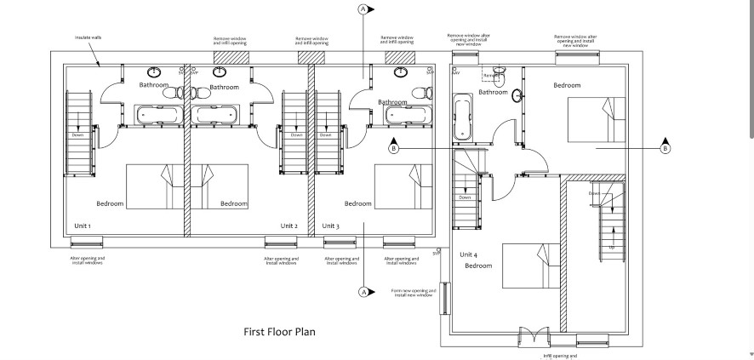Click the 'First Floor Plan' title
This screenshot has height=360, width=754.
pos(279,332)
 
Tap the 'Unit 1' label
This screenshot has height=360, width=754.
pos(83,226)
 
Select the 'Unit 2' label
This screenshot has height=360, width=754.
pos(289,226)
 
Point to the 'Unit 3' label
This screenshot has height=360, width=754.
pos(330,226)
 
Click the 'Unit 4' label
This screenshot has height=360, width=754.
pos(469,254)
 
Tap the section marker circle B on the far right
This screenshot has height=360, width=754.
pos(665,148)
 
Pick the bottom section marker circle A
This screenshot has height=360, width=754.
pos(364,292)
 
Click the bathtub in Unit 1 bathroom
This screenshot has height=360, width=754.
pos(157,113)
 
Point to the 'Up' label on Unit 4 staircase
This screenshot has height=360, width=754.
pos(611,247)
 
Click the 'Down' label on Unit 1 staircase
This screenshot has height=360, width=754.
pos(77,135)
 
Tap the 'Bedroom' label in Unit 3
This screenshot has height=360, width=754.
pos(357,203)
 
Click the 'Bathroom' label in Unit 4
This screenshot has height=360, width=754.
pos(493,92)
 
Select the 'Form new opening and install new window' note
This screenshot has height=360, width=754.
pos(413,293)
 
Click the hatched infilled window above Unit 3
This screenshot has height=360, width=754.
pos(400,57)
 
